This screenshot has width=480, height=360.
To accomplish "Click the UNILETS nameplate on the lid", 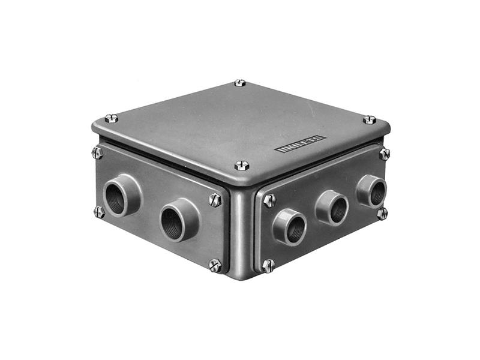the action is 301,144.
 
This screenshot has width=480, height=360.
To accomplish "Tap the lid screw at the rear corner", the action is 239,83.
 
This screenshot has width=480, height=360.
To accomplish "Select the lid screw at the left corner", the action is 112,118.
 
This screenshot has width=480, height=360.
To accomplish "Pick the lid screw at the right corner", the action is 370,119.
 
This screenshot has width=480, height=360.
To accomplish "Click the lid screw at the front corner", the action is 242,166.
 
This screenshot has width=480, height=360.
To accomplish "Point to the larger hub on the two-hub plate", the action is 122,196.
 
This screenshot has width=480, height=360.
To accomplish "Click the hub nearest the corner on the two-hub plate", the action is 179,220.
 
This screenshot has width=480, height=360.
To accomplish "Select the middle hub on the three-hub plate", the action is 332,208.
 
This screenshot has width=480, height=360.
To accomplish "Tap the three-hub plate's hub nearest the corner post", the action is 290,227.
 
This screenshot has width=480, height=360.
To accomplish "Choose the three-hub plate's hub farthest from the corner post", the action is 371,191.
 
